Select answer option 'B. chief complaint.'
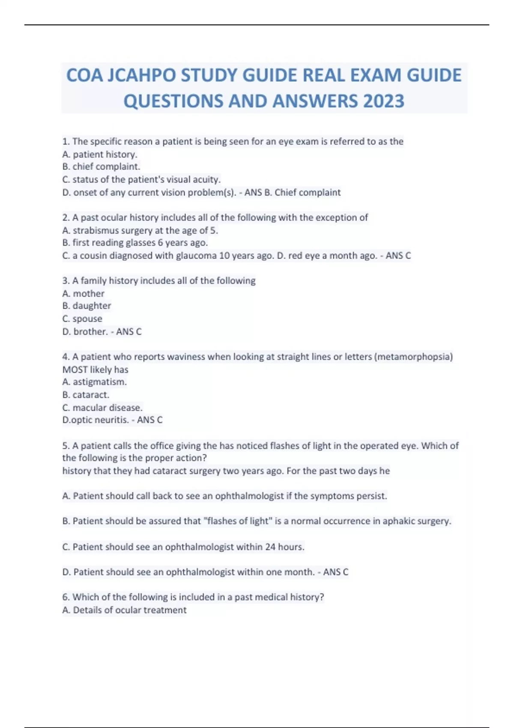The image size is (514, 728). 101,167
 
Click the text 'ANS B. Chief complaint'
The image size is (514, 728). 293,192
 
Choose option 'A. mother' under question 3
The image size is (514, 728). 84,293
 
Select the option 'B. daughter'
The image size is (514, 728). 87,306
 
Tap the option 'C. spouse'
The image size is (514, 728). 82,319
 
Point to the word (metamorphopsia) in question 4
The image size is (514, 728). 413,357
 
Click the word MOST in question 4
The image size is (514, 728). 75,370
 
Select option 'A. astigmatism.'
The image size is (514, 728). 94,382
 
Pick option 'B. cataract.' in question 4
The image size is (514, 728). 86,394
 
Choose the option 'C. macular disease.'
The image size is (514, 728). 102,407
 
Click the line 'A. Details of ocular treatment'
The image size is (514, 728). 124,610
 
